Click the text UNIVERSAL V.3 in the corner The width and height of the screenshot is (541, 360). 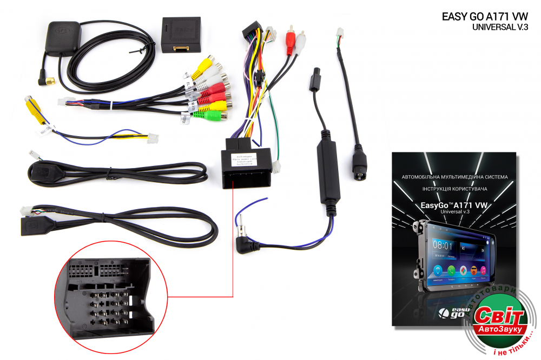499,27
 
